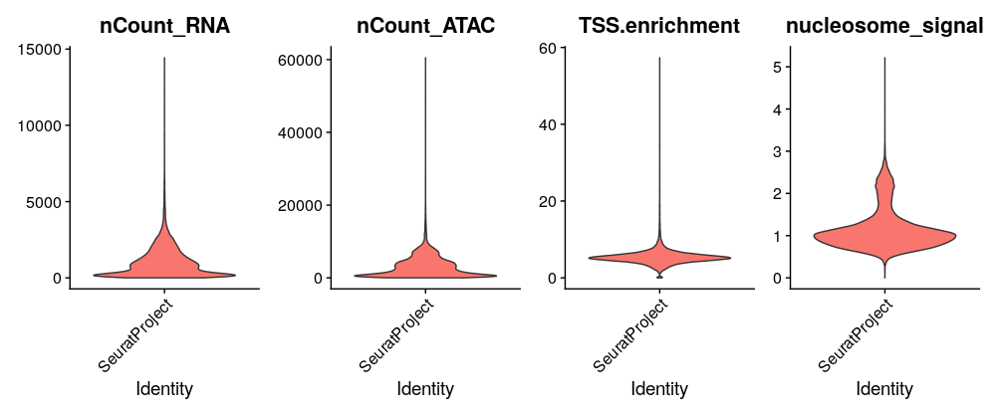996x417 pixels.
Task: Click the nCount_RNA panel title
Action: tap(164, 27)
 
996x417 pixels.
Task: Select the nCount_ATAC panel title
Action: tap(425, 27)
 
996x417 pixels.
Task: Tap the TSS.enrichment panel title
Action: tap(660, 27)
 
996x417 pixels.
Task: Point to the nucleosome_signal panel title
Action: tap(884, 27)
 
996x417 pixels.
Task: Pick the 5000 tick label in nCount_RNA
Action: tap(45, 202)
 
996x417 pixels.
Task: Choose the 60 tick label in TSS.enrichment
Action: tap(547, 48)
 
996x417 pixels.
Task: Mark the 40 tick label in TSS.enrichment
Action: tap(547, 124)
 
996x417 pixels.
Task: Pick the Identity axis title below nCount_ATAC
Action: tap(425, 388)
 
